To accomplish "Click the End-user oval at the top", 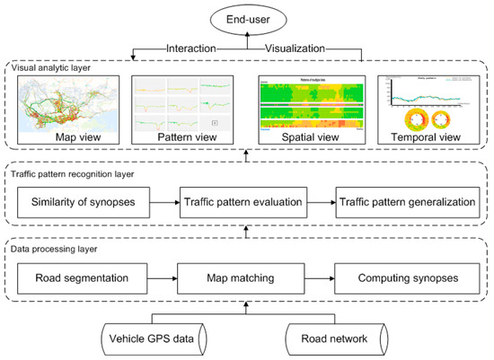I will tap(246, 18).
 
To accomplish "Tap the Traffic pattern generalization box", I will tap(405, 203).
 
